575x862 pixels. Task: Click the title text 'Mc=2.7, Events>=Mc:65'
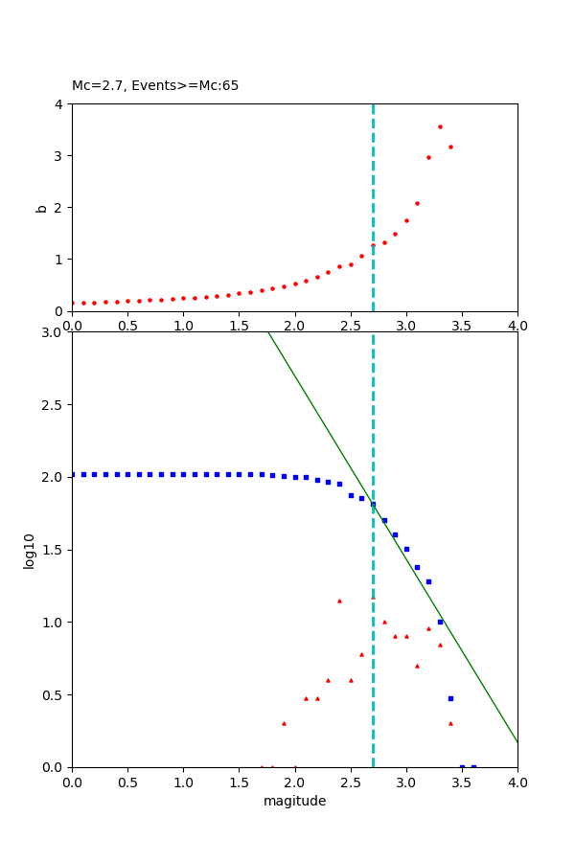pyautogui.click(x=155, y=86)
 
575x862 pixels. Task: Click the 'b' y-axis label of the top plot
pyautogui.click(x=41, y=208)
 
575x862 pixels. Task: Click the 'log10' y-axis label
pyautogui.click(x=30, y=551)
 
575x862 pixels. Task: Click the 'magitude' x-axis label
pyautogui.click(x=294, y=802)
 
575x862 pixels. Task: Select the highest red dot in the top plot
pyautogui.click(x=440, y=126)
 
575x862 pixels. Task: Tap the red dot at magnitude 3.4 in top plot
pyautogui.click(x=450, y=147)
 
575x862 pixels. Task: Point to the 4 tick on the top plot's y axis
pyautogui.click(x=60, y=104)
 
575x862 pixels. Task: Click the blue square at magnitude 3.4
pyautogui.click(x=450, y=698)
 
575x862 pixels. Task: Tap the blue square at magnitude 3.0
pyautogui.click(x=406, y=549)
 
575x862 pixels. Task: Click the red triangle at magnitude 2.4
pyautogui.click(x=339, y=601)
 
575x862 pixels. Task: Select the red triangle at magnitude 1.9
pyautogui.click(x=284, y=723)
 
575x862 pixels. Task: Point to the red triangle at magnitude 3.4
pyautogui.click(x=450, y=723)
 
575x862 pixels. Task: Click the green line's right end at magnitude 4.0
pyautogui.click(x=517, y=741)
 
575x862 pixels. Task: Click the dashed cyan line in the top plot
pyautogui.click(x=373, y=192)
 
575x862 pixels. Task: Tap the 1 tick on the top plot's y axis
pyautogui.click(x=60, y=260)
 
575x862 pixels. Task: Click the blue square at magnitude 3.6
pyautogui.click(x=473, y=766)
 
